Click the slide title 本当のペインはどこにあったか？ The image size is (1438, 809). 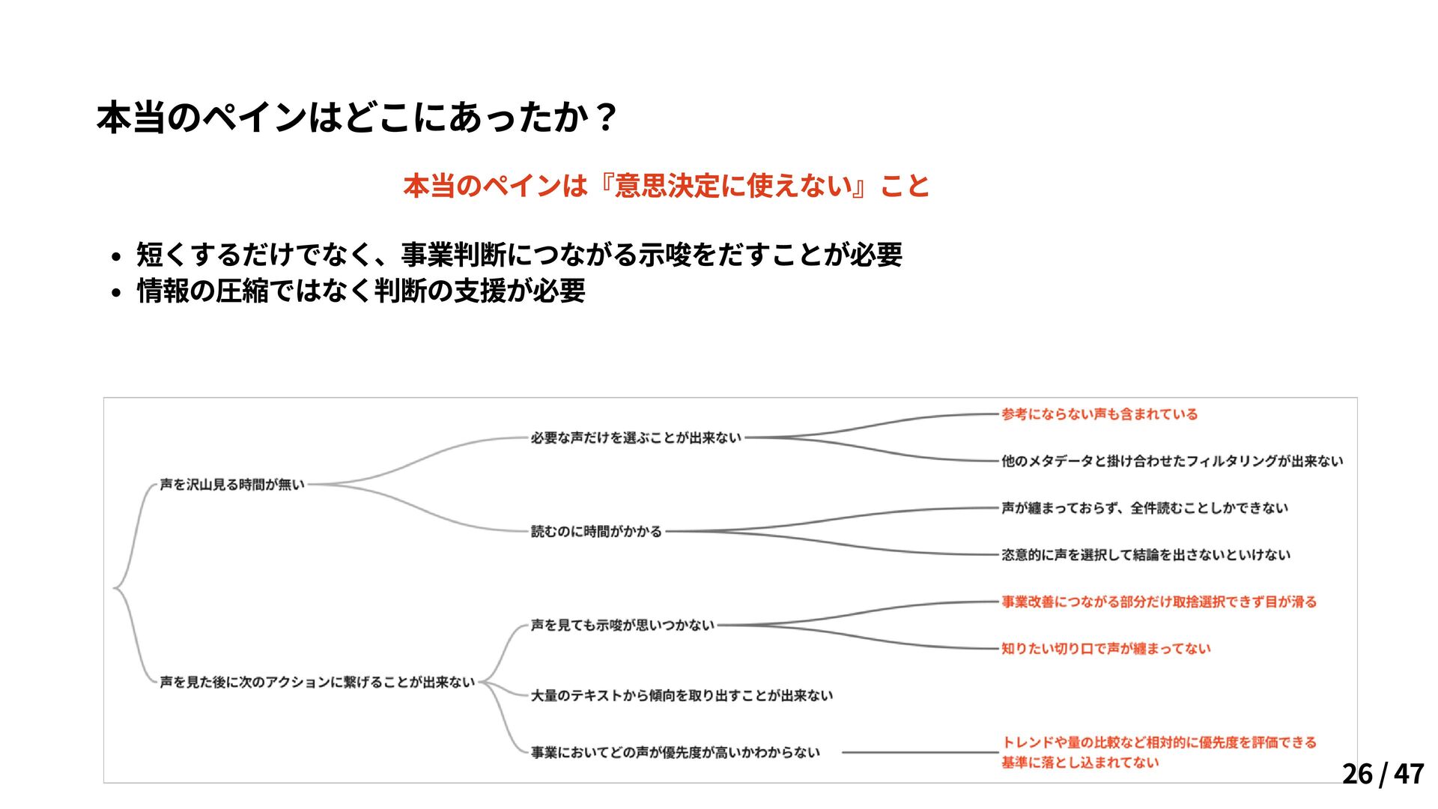[x=357, y=118]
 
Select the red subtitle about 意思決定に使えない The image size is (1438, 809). [x=666, y=186]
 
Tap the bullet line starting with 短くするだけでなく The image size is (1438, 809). [x=519, y=255]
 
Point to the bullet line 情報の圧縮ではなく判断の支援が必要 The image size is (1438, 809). [x=361, y=291]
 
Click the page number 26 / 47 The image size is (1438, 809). [x=1383, y=774]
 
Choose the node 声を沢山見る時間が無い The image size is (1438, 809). [x=232, y=485]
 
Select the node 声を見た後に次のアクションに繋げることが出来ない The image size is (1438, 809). [x=317, y=682]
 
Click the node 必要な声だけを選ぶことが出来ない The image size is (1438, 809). [x=636, y=437]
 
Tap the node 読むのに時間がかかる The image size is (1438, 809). [x=596, y=531]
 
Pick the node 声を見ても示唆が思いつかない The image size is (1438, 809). [x=622, y=625]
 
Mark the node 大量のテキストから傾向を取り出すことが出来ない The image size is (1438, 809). [x=682, y=695]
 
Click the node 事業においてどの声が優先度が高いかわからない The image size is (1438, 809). [x=676, y=752]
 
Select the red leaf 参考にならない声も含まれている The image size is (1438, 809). [x=1099, y=414]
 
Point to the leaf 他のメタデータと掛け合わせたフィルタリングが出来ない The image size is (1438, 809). [x=1172, y=461]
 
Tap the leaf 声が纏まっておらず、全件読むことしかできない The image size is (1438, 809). [x=1144, y=508]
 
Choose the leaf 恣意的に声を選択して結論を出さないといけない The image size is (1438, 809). [x=1146, y=554]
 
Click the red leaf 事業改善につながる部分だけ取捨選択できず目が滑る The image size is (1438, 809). [x=1159, y=602]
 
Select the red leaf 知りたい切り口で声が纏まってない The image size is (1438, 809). [x=1105, y=648]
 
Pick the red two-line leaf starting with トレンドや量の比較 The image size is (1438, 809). [x=1158, y=752]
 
